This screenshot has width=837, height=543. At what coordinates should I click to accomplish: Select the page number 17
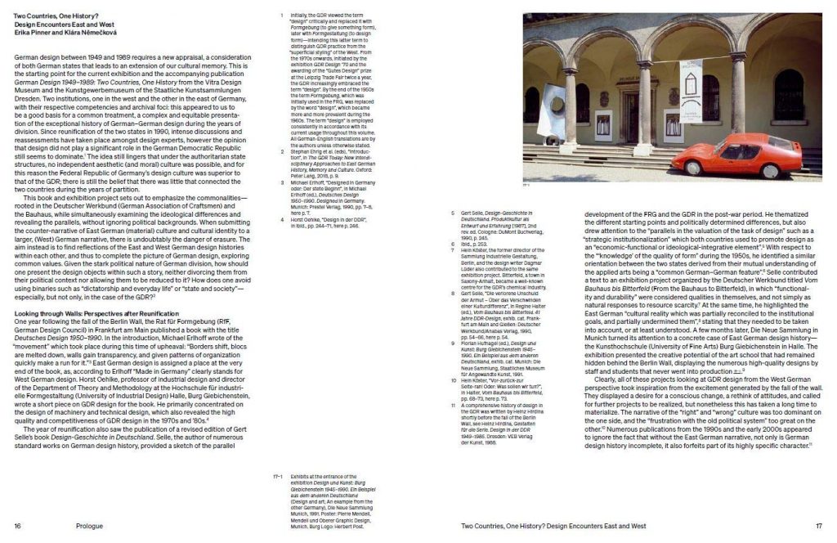(x=818, y=527)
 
